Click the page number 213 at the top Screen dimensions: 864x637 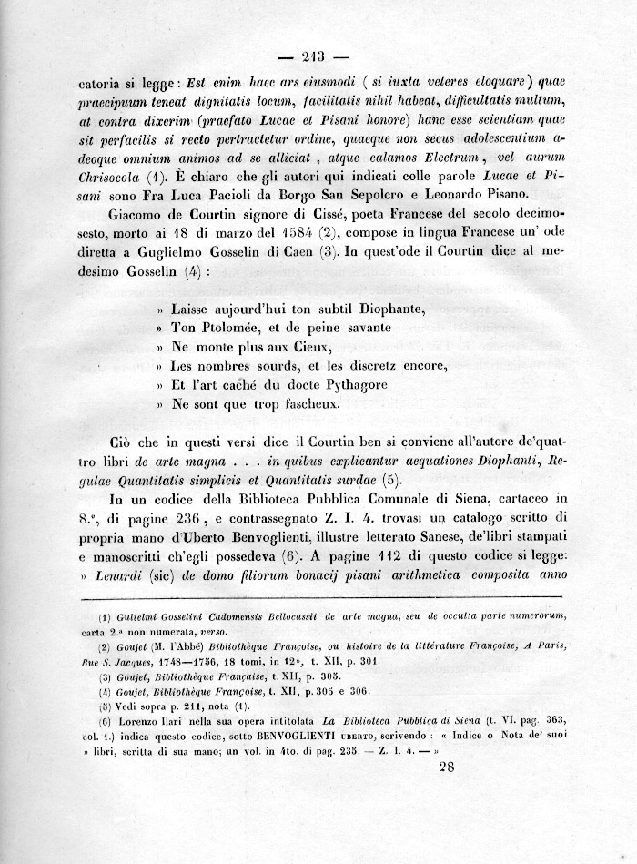click(x=319, y=51)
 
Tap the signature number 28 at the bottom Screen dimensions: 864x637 click(x=448, y=767)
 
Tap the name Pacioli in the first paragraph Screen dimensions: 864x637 click(x=296, y=195)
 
